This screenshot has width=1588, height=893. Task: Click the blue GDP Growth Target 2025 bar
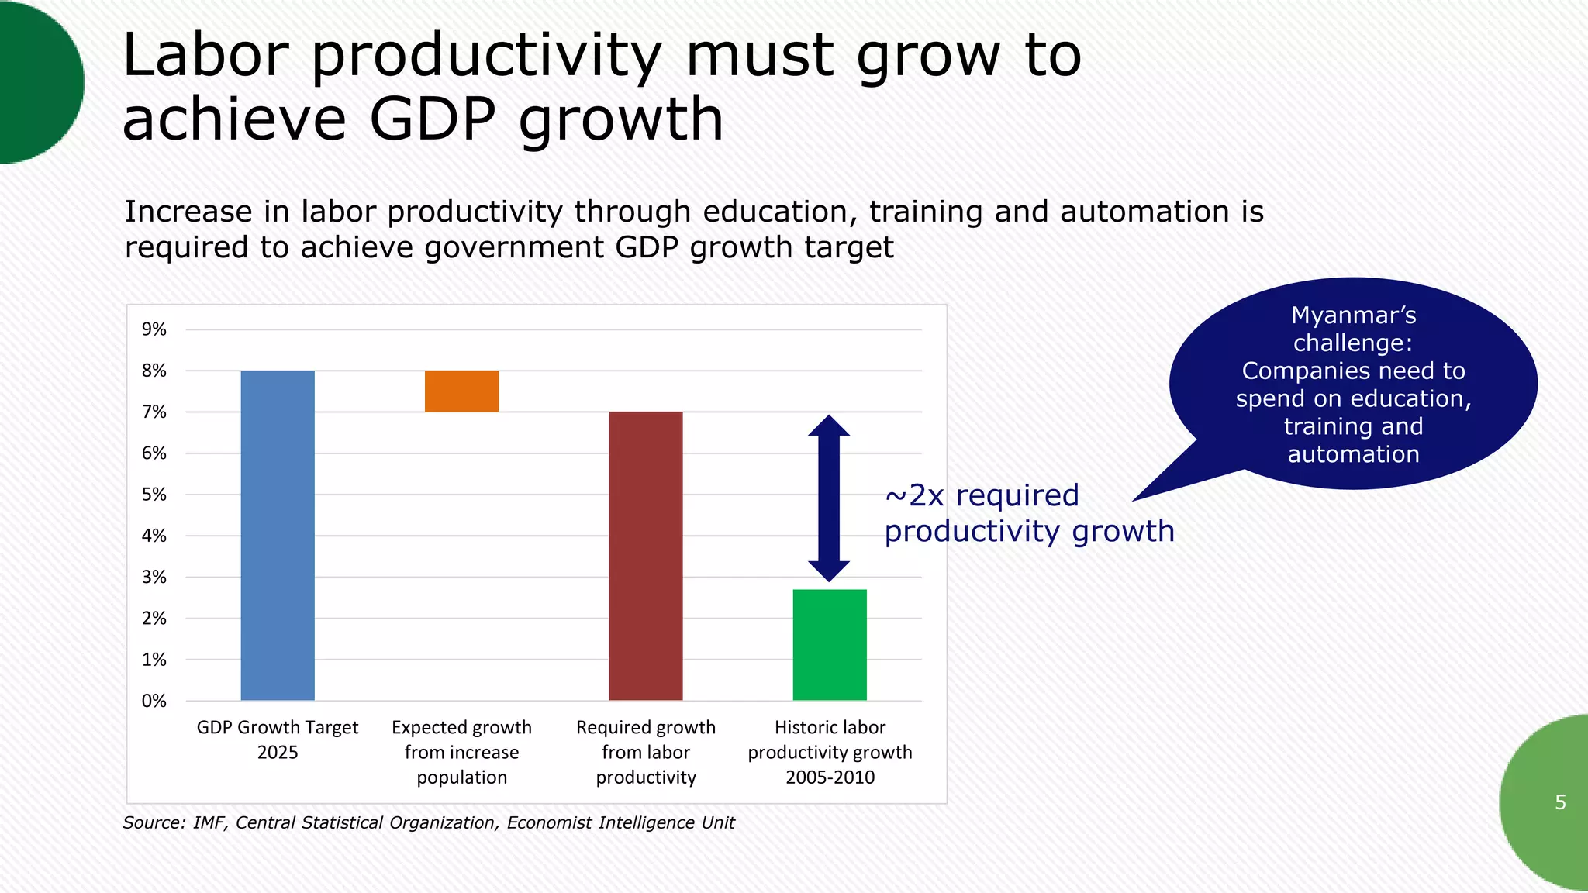tap(278, 535)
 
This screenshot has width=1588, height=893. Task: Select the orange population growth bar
tap(461, 391)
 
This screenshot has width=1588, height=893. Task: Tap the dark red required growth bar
tap(645, 556)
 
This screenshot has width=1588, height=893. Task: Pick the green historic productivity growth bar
tap(830, 645)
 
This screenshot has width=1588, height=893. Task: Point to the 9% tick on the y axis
tap(154, 329)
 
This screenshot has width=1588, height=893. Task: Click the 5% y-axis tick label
tap(154, 495)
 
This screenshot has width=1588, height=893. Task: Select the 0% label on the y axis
tap(154, 701)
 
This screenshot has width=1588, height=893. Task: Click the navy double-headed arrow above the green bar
tap(829, 498)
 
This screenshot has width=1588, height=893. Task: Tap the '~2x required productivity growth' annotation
tap(1029, 513)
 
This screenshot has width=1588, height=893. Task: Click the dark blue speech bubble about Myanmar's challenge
tap(1353, 384)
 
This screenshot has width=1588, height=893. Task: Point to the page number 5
tap(1560, 802)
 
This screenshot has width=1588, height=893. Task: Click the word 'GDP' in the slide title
tap(431, 119)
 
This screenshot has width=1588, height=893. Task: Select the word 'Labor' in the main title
tap(206, 56)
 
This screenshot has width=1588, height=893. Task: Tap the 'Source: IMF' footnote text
tap(429, 822)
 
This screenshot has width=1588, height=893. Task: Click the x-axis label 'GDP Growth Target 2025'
tap(278, 740)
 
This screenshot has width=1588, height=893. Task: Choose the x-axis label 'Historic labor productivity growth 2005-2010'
tap(830, 752)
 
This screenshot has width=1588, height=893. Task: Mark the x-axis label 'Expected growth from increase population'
tap(461, 752)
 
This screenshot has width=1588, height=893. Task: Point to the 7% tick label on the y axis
tap(154, 412)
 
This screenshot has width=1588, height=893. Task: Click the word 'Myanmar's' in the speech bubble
tap(1353, 315)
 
